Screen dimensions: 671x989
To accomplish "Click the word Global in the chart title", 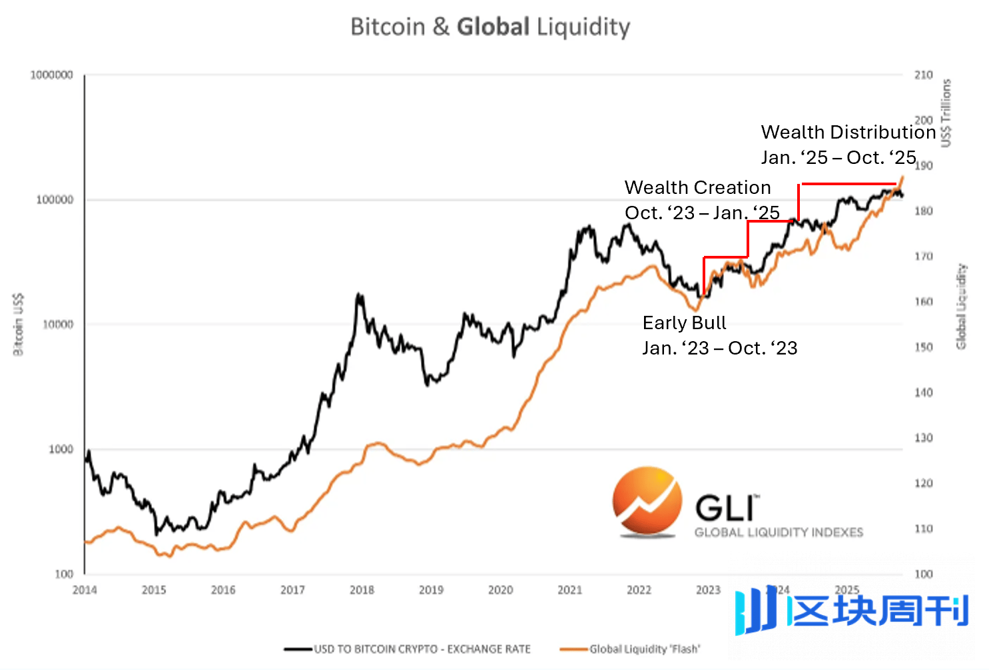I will (x=493, y=27).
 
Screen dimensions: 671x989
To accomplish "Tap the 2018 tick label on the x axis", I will (x=362, y=590).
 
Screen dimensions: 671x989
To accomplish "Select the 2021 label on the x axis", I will (x=569, y=590).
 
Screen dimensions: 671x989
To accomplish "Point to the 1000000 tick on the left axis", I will (x=51, y=75).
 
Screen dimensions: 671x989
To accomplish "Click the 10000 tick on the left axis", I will (x=57, y=325).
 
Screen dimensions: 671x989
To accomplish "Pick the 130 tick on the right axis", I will (x=923, y=438).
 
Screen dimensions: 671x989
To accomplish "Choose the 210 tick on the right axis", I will (x=923, y=75).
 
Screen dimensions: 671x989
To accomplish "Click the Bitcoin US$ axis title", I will (x=18, y=324).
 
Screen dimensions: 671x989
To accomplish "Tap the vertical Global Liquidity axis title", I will (x=961, y=307).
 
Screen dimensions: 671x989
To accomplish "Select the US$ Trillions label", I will (x=946, y=113).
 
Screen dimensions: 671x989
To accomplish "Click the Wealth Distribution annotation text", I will (x=848, y=132).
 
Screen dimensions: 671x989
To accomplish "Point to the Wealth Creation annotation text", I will (x=697, y=187).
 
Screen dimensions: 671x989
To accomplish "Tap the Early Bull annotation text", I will (x=684, y=323).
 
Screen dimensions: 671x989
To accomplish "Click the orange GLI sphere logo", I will (x=647, y=501).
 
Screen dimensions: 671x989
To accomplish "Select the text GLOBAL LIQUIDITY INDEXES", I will (x=779, y=532).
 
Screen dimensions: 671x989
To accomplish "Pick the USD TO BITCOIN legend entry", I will (x=422, y=649).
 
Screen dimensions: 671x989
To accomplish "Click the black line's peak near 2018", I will (x=360, y=295).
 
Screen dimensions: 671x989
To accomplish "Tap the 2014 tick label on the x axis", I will (x=85, y=590).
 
